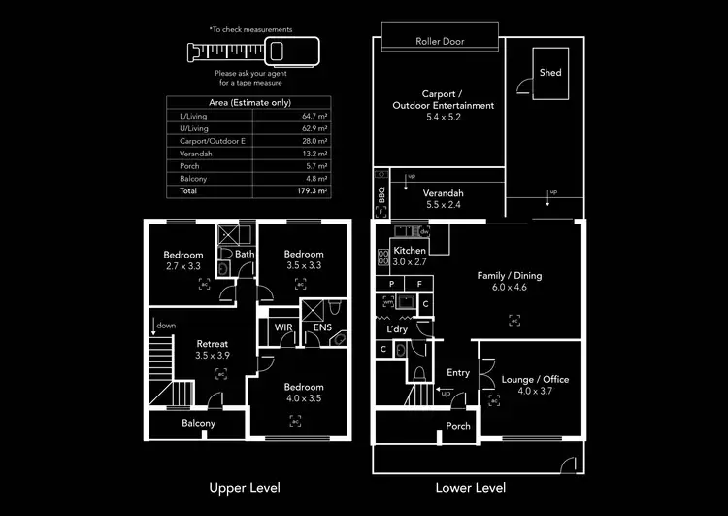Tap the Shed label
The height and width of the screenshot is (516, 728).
[x=550, y=73]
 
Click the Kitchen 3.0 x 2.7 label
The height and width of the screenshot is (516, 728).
[x=409, y=256]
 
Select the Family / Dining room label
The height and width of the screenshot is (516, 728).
[x=509, y=282]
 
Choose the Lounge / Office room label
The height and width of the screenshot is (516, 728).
[x=535, y=385]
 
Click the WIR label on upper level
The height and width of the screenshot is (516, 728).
[x=283, y=327]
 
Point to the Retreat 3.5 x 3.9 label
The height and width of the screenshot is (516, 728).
[x=213, y=350]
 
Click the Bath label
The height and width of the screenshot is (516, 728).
[x=245, y=255]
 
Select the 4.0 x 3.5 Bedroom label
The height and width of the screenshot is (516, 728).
[x=295, y=391]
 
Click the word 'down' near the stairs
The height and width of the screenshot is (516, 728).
[x=166, y=326]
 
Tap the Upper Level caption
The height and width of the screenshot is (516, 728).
[x=245, y=487]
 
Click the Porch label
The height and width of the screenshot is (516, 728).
[x=457, y=427]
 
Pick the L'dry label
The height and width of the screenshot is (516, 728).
[x=397, y=330]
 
